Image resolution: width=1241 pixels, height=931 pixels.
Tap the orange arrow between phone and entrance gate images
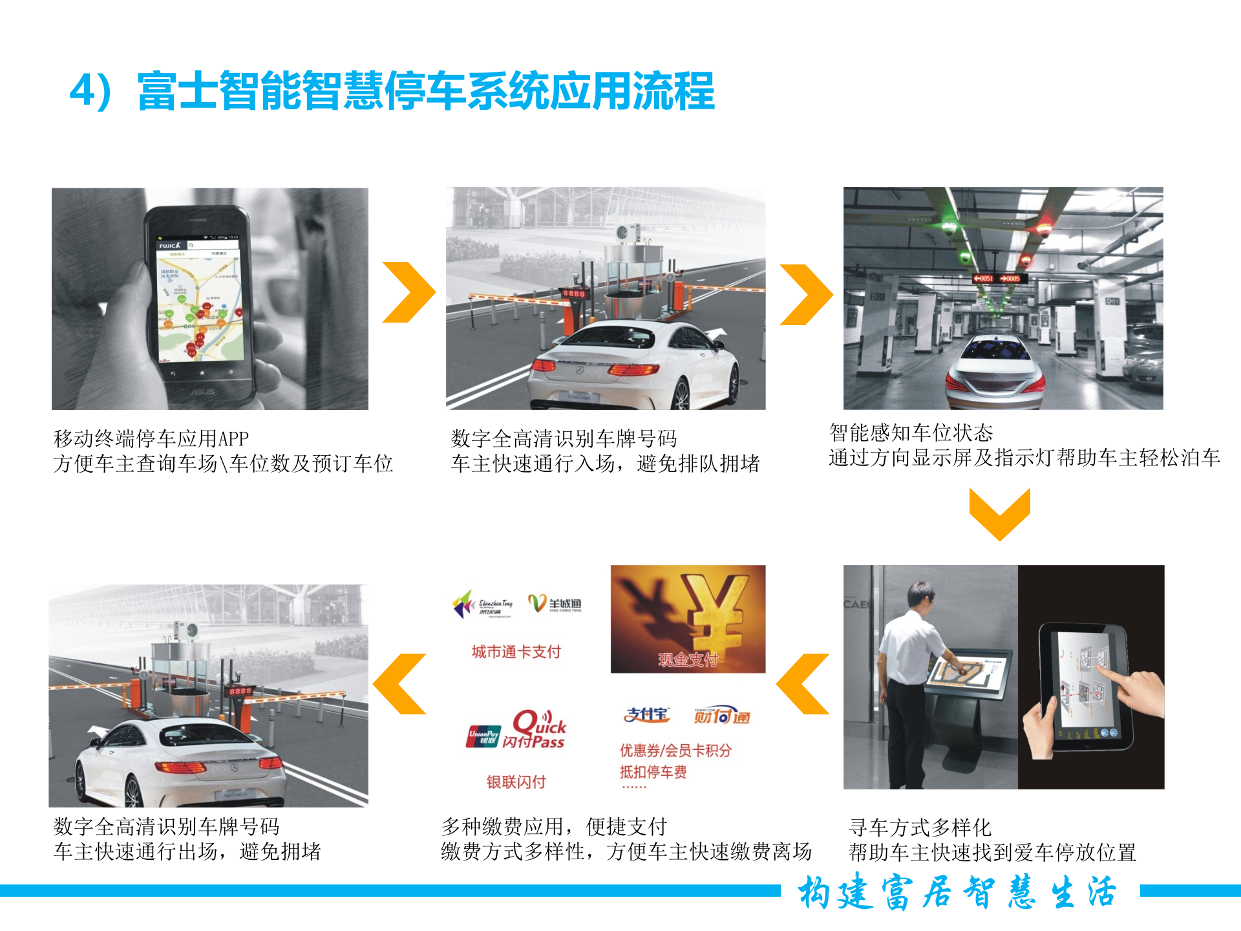408,292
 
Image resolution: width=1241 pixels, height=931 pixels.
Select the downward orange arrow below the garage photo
999,513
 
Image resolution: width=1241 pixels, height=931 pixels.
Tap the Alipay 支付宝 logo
646,714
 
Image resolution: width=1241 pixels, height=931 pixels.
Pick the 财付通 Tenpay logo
722,716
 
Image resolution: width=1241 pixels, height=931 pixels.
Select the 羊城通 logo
555,604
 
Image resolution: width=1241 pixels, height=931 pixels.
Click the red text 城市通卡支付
516,652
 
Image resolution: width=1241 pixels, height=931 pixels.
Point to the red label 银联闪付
516,782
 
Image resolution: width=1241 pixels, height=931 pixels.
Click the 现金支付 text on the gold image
688,659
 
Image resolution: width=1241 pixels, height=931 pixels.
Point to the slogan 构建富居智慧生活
958,893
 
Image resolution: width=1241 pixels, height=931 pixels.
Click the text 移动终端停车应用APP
151,438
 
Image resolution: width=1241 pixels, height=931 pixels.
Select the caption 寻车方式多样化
919,827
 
